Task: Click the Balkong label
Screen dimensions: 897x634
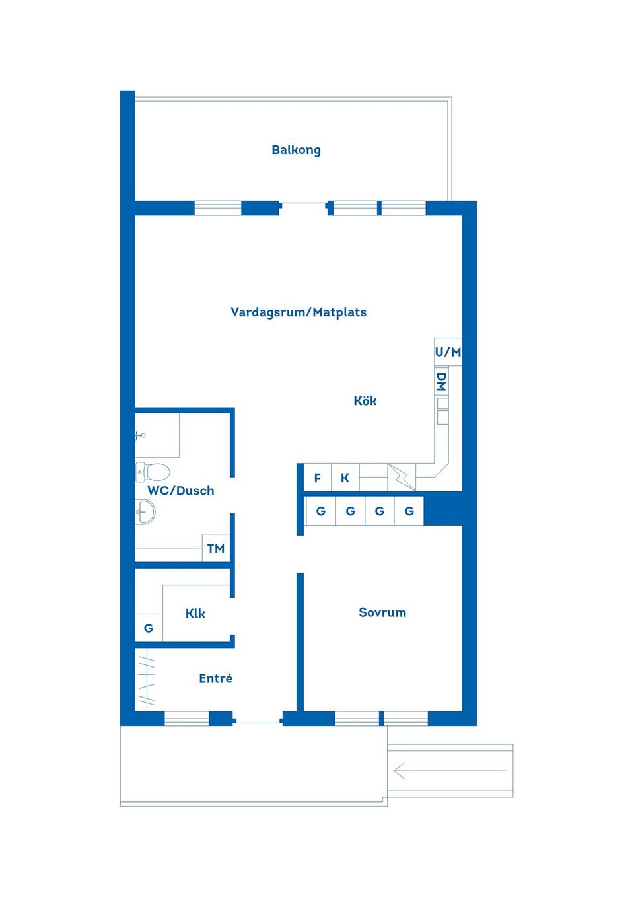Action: tap(296, 150)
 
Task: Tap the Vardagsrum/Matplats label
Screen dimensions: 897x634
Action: tap(298, 312)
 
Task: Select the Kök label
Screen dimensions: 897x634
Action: tap(365, 401)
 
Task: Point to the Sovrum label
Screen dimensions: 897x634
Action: tap(382, 612)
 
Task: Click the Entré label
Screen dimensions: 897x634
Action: tap(215, 678)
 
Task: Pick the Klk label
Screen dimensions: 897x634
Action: tap(195, 614)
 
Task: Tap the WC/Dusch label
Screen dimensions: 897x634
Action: tap(180, 491)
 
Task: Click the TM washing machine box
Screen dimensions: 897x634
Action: tap(215, 548)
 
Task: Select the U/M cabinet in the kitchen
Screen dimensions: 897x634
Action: tap(448, 352)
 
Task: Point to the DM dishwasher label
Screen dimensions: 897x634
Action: tap(441, 382)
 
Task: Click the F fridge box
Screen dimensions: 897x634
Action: tap(318, 478)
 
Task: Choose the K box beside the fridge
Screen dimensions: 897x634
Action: tap(345, 478)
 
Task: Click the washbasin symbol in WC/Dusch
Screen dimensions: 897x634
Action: tap(145, 511)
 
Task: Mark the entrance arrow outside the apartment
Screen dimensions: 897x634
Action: tap(450, 770)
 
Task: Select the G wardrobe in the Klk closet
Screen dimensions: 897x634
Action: tap(149, 628)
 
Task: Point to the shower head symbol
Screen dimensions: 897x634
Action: tap(140, 435)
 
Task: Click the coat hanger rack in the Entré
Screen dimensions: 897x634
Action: tap(145, 678)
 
